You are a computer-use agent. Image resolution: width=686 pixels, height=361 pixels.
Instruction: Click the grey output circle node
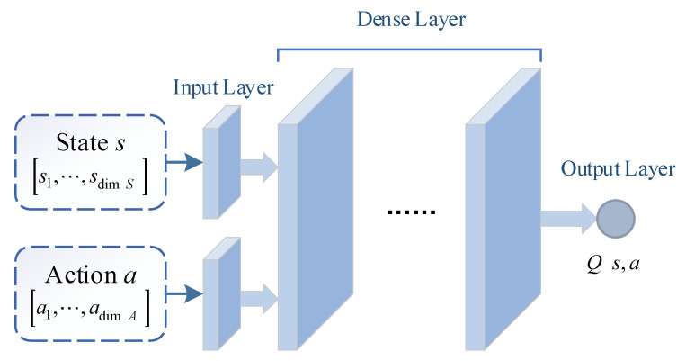click(616, 218)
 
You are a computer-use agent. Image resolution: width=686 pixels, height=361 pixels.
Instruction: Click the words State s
click(85, 144)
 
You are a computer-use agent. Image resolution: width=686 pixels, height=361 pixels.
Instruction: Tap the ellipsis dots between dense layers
click(411, 212)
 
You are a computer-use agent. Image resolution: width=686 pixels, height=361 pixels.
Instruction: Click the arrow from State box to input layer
click(184, 163)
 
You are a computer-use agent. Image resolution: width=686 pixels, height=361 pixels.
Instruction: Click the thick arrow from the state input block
click(261, 163)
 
